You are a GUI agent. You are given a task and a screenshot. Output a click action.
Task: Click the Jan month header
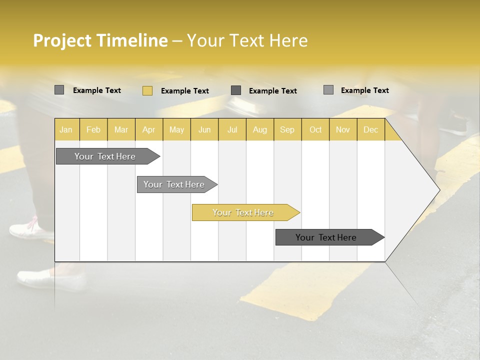[x=66, y=129]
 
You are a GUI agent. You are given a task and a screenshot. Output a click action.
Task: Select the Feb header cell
[x=93, y=129]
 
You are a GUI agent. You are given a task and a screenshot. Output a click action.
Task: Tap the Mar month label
[x=121, y=129]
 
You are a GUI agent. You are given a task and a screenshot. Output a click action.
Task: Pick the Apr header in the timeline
[x=149, y=129]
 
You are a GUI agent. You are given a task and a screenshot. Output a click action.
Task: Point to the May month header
[x=176, y=129]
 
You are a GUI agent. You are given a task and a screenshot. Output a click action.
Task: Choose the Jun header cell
[x=204, y=129]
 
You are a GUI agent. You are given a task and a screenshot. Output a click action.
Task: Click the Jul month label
[x=232, y=129]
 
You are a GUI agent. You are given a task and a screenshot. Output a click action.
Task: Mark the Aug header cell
[x=260, y=129]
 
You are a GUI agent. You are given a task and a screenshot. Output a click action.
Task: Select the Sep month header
[x=287, y=129]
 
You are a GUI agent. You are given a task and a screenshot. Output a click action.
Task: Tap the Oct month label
[x=315, y=129]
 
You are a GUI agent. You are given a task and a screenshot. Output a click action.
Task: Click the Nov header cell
[x=343, y=129]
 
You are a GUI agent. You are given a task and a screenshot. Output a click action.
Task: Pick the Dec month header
[x=371, y=129]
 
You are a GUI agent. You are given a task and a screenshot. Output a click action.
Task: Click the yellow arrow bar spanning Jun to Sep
[x=243, y=212]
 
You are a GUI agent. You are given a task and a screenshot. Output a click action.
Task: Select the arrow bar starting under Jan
[x=105, y=156]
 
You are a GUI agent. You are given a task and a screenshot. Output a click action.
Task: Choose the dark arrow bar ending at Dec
[x=326, y=237]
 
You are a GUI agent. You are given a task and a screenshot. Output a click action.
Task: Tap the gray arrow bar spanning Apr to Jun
[x=174, y=184]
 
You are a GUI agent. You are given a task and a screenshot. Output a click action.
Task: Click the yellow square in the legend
[x=147, y=90]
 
